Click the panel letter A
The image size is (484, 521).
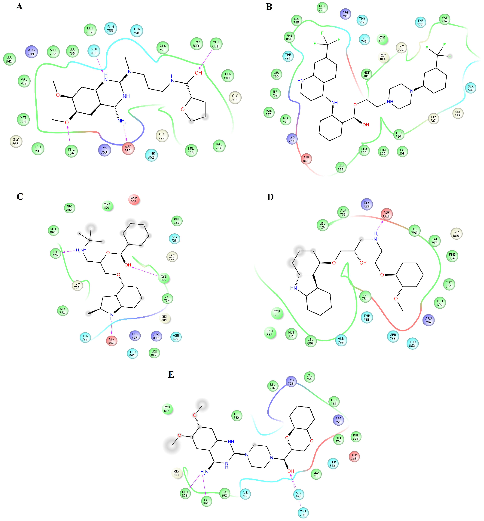coord(19,6)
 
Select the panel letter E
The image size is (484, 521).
coord(171,375)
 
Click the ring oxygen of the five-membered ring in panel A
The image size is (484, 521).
coord(183,109)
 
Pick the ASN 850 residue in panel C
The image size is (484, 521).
coord(176,337)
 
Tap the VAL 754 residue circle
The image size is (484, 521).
coord(309,377)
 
